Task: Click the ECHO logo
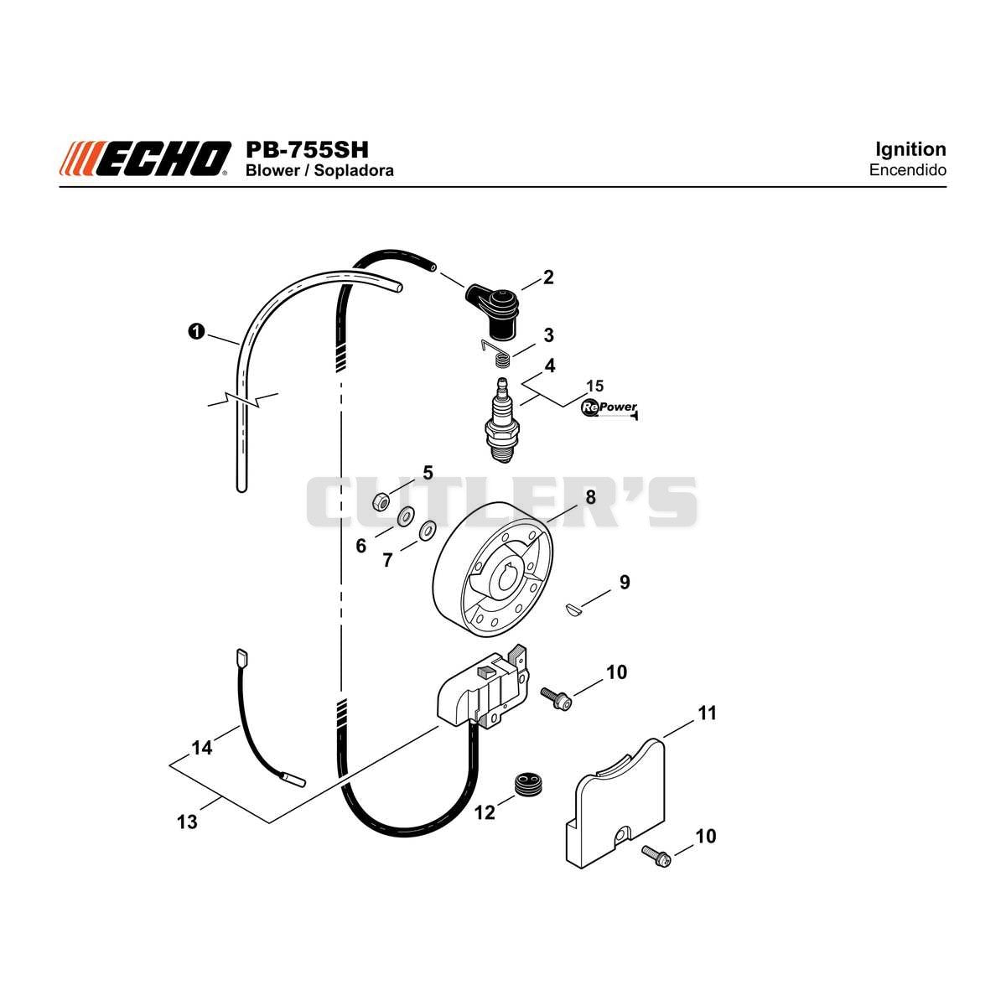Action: (144, 158)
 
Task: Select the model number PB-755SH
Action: (307, 150)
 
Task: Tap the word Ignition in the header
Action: (910, 149)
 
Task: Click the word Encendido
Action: (907, 170)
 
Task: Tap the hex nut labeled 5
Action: (381, 502)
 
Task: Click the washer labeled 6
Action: (405, 517)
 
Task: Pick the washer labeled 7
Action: (428, 532)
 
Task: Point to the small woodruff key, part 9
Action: (573, 608)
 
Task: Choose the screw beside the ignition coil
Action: (557, 698)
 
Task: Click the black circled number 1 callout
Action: (196, 331)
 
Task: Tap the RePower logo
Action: (609, 407)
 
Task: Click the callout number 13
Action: (188, 822)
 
